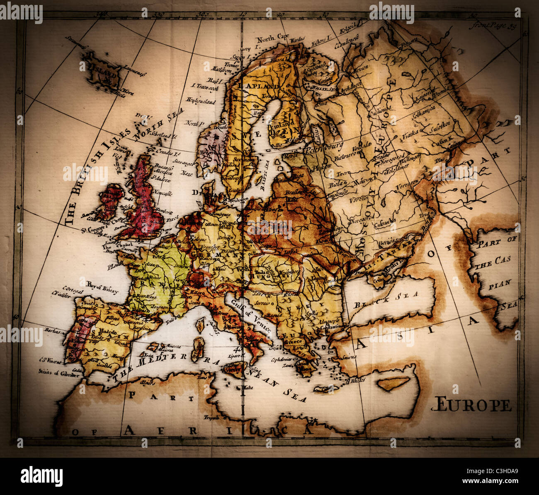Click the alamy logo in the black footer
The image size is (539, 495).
(41, 476)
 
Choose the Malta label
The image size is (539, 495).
(248, 387)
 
